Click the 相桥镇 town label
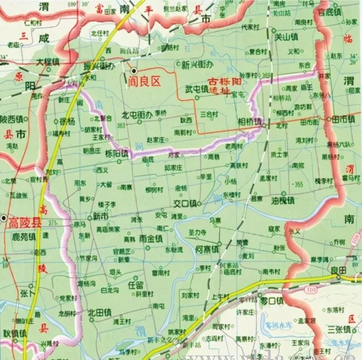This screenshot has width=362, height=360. tap(250, 122)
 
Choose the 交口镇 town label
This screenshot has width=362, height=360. tap(185, 204)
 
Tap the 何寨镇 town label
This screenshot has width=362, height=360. tap(207, 249)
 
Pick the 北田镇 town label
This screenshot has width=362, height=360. tap(99, 312)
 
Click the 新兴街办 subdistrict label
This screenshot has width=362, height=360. tap(198, 65)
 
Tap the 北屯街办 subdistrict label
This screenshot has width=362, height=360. tap(137, 114)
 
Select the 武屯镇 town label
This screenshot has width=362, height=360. tap(196, 89)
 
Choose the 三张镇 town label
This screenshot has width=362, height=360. tap(339, 329)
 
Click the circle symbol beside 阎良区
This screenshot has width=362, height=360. tap(134, 71)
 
